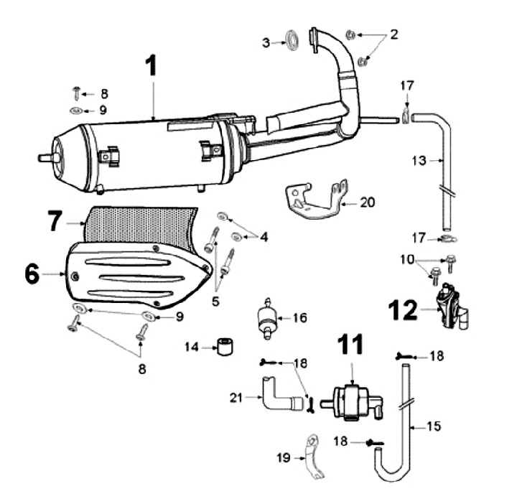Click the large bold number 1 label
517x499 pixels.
click(151, 66)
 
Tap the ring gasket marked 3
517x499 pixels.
click(292, 40)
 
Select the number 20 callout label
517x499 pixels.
click(368, 202)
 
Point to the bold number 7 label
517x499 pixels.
click(55, 220)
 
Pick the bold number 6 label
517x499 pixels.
click(32, 274)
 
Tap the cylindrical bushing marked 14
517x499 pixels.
click(225, 347)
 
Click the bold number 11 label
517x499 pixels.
click(350, 345)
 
